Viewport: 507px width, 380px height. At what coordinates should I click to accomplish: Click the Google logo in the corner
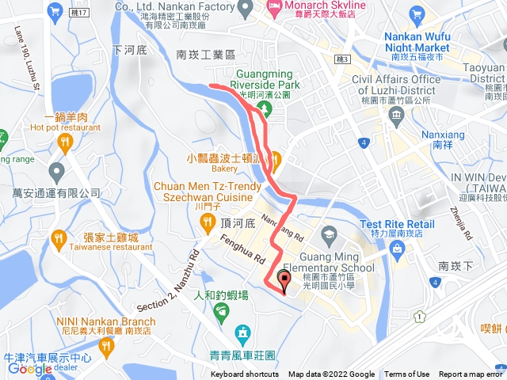(29, 368)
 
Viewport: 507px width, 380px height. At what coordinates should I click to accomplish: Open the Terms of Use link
(407, 374)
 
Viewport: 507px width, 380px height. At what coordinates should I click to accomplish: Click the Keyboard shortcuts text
(244, 374)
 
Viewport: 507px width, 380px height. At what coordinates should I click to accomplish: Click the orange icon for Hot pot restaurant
(65, 141)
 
